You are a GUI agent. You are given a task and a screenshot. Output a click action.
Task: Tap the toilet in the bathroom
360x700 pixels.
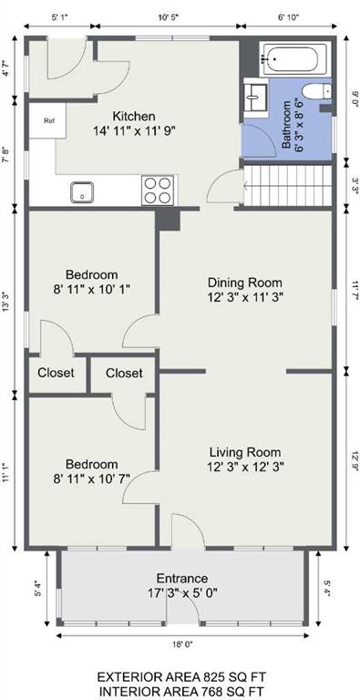(316, 92)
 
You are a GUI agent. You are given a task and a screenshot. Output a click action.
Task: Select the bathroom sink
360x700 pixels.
(255, 97)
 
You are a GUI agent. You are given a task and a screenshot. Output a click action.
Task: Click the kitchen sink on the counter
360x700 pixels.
(82, 192)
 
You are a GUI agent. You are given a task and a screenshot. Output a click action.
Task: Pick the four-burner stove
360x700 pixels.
(158, 190)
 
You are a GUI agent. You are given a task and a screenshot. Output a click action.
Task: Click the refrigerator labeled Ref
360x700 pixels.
(47, 120)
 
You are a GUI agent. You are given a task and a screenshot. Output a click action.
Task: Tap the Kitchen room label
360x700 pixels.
(134, 117)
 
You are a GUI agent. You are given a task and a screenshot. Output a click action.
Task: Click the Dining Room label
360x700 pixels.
(245, 283)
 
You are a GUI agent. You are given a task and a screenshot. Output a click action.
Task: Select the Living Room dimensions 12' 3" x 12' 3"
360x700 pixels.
(245, 467)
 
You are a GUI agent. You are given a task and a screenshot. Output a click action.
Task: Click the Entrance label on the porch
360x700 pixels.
(181, 579)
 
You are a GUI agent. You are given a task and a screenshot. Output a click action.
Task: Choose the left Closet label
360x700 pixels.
(56, 373)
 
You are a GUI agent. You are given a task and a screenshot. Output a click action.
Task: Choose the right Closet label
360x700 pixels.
(124, 373)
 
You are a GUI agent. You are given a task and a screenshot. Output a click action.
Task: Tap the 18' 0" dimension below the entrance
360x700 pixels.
(182, 644)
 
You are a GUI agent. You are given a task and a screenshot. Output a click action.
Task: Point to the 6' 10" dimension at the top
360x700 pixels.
(288, 18)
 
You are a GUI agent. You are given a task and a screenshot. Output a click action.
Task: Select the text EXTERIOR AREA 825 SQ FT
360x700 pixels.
(182, 677)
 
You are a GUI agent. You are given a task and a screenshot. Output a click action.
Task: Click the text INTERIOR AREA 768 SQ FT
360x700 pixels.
(182, 691)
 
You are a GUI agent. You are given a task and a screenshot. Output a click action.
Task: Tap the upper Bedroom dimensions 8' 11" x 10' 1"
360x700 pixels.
(91, 289)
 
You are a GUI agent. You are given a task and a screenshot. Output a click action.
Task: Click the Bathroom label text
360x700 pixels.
(286, 125)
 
